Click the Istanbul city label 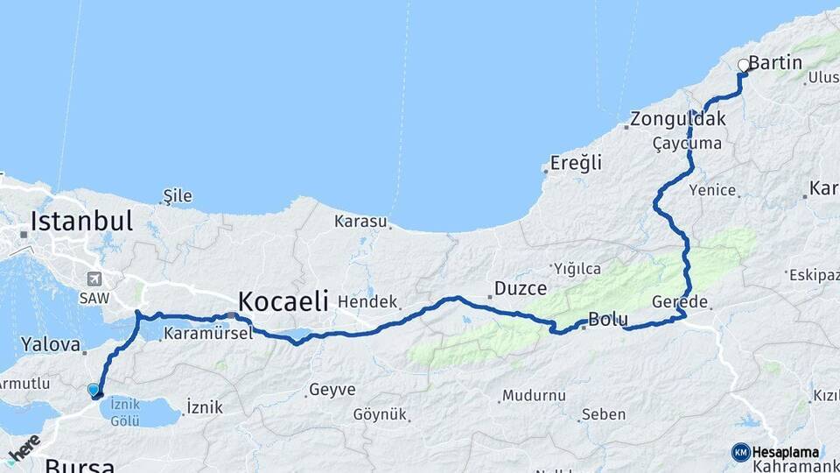pyautogui.click(x=81, y=221)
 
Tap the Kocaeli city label pyautogui.click(x=283, y=302)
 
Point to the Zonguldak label pyautogui.click(x=666, y=119)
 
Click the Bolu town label pyautogui.click(x=608, y=320)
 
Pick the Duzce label pyautogui.click(x=521, y=288)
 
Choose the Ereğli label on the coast pyautogui.click(x=577, y=163)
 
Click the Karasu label pyautogui.click(x=360, y=222)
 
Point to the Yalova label pyautogui.click(x=51, y=345)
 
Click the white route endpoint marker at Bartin pyautogui.click(x=744, y=65)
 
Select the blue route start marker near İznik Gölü pyautogui.click(x=94, y=390)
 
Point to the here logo pyautogui.click(x=24, y=448)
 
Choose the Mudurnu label pyautogui.click(x=534, y=395)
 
